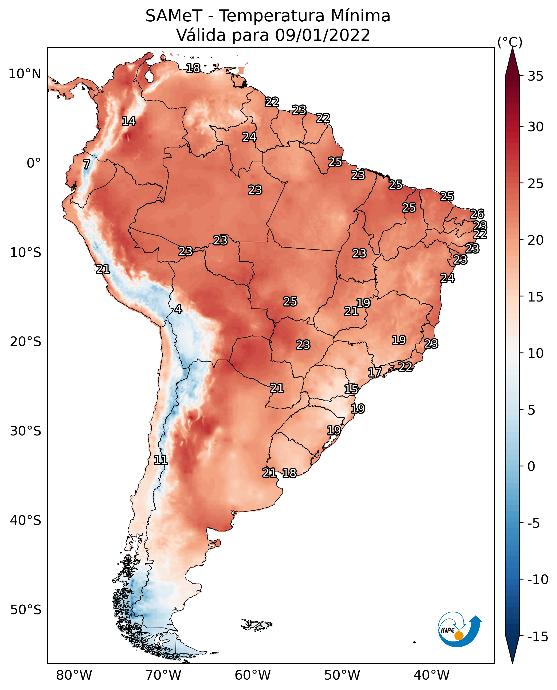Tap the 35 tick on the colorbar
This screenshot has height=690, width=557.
point(535,76)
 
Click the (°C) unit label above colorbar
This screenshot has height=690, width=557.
point(510,42)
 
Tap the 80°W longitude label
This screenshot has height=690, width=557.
point(74,675)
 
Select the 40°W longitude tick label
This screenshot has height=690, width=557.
point(432,675)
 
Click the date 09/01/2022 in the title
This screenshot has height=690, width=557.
point(323,35)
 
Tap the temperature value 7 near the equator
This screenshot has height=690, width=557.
point(87,164)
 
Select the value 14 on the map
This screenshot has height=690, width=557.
point(129,121)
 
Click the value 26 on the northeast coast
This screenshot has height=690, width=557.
point(477,214)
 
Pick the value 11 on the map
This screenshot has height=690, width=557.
point(160,461)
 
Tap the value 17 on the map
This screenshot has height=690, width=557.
point(375,372)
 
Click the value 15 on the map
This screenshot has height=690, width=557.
point(351,389)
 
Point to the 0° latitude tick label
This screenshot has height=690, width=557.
point(34,163)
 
